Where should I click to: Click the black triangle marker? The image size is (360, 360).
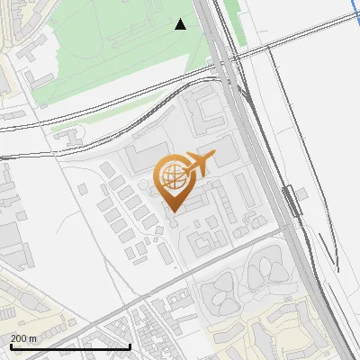pyautogui.click(x=181, y=24)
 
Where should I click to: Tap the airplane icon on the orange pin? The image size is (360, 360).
pyautogui.click(x=198, y=164)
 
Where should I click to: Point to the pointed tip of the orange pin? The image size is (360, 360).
pyautogui.click(x=172, y=211)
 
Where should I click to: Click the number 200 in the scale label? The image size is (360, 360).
pyautogui.click(x=20, y=338)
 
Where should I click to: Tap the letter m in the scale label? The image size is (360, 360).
pyautogui.click(x=33, y=338)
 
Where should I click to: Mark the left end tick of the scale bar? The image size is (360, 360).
pyautogui.click(x=10, y=346)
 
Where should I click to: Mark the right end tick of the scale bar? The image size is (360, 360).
pyautogui.click(x=130, y=346)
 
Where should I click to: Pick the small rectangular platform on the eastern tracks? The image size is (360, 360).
pyautogui.click(x=291, y=200)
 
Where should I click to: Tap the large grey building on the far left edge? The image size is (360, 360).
pyautogui.click(x=9, y=238)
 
